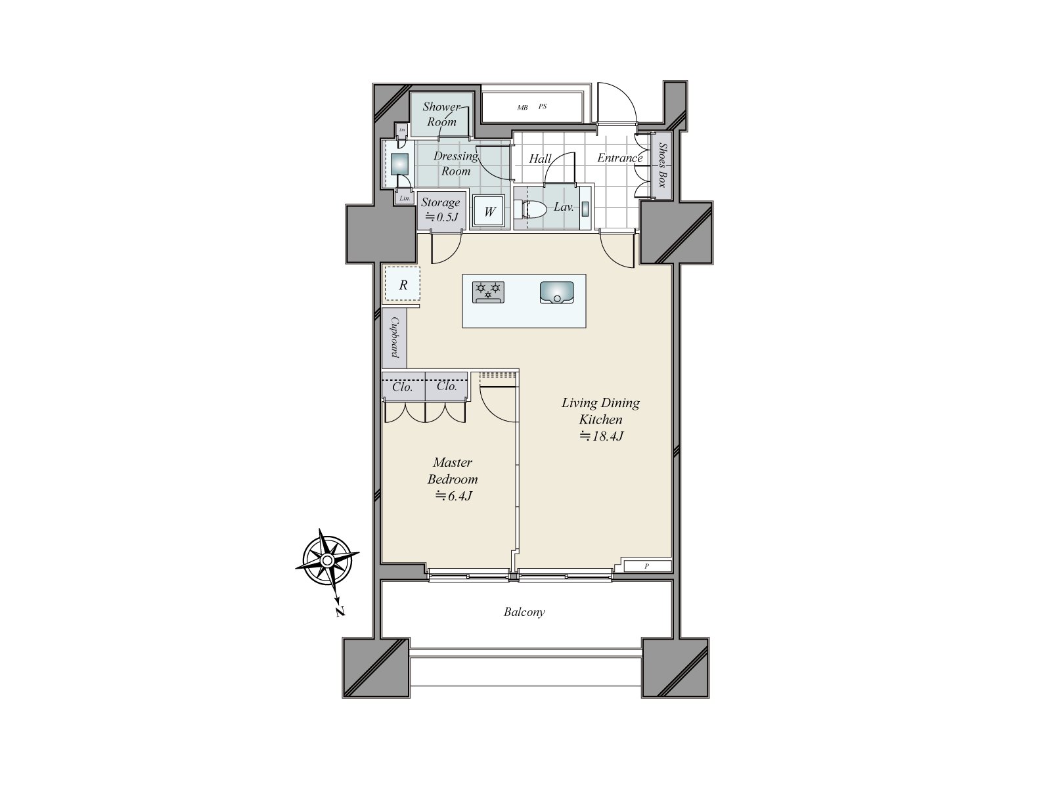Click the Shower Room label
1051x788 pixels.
pyautogui.click(x=441, y=114)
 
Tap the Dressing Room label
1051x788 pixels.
pyautogui.click(x=456, y=163)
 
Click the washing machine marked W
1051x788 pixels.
pyautogui.click(x=489, y=211)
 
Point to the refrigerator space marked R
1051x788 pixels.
pyautogui.click(x=403, y=284)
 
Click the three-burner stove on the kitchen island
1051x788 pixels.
pyautogui.click(x=488, y=292)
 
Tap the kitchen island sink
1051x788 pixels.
pyautogui.click(x=556, y=292)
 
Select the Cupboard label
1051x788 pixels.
pyautogui.click(x=395, y=338)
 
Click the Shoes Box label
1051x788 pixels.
pyautogui.click(x=662, y=165)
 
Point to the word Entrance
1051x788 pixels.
pyautogui.click(x=619, y=158)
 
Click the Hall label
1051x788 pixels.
pyautogui.click(x=540, y=158)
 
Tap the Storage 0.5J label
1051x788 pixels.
pyautogui.click(x=440, y=209)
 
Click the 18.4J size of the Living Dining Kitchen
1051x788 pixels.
pyautogui.click(x=600, y=436)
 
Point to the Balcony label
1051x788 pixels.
pyautogui.click(x=524, y=612)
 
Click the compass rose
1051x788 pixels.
pyautogui.click(x=326, y=560)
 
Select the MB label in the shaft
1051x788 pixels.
pyautogui.click(x=522, y=107)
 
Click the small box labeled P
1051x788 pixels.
pyautogui.click(x=647, y=566)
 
